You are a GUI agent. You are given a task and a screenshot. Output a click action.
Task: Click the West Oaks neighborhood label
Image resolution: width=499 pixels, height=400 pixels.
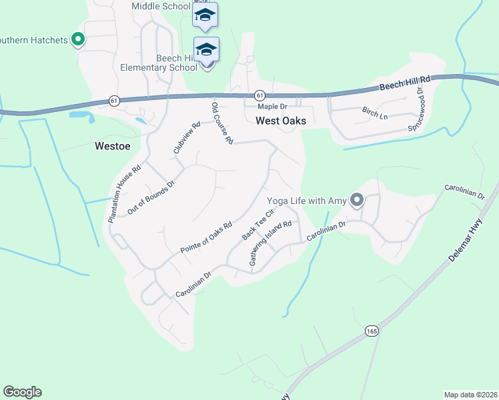[281, 121]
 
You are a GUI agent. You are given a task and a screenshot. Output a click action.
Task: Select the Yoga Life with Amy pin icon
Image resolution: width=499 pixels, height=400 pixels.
[358, 200]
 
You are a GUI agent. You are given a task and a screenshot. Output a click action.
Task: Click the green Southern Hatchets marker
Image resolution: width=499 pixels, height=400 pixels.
[78, 40]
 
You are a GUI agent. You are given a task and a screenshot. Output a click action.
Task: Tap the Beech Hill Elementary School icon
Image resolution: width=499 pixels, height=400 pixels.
[206, 50]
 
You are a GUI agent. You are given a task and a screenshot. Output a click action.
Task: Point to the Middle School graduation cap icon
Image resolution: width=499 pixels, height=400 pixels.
[205, 15]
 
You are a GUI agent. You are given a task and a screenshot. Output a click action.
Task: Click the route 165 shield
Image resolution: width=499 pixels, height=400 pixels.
[372, 331]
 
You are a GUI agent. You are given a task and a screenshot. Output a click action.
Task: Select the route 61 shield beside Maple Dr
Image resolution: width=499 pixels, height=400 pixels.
[260, 95]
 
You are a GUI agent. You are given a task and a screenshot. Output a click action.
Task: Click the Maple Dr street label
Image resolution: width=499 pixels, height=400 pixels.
[272, 106]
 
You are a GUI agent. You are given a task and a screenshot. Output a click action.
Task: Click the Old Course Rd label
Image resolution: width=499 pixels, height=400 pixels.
[221, 123]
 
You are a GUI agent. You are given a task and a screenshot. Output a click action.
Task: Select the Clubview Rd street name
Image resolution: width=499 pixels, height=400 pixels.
[187, 137]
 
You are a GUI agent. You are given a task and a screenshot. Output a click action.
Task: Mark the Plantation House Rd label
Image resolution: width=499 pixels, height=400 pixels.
[125, 194]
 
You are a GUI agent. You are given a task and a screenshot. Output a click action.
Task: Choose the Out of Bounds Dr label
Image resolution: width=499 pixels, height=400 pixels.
[150, 197]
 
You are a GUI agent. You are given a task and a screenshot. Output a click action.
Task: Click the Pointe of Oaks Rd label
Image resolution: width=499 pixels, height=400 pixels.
[205, 237]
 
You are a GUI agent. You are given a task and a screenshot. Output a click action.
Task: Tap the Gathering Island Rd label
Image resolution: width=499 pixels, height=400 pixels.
[271, 243]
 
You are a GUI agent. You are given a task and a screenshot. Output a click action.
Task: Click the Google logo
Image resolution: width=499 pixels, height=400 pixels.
[22, 392]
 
